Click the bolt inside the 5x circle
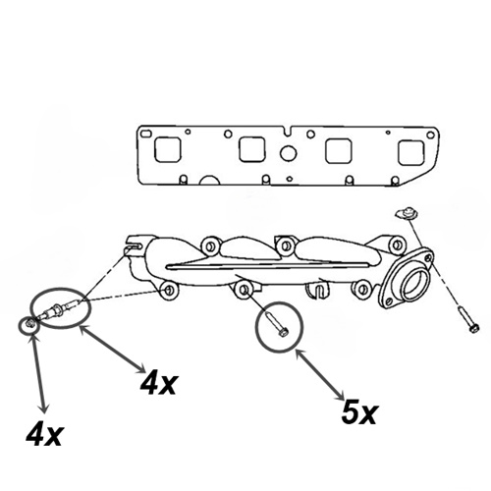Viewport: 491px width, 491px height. click(x=276, y=324)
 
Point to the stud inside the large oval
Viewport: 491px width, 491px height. click(x=58, y=308)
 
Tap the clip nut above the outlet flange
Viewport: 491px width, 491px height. click(x=406, y=213)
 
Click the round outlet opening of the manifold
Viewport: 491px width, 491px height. click(x=414, y=280)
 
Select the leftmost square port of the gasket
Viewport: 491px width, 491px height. click(x=168, y=149)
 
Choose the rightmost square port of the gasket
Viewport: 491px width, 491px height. click(x=411, y=153)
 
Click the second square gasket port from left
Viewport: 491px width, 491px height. click(x=251, y=149)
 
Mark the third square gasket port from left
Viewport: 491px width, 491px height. click(x=338, y=151)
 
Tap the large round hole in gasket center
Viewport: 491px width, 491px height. click(x=289, y=153)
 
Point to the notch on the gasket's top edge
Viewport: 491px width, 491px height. click(x=288, y=131)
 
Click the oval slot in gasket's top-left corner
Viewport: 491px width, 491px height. click(x=145, y=134)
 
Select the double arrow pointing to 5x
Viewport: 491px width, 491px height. click(x=319, y=375)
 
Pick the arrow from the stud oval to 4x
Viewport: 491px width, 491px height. click(x=112, y=350)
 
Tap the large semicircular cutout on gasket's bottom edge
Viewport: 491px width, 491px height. click(x=210, y=181)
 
